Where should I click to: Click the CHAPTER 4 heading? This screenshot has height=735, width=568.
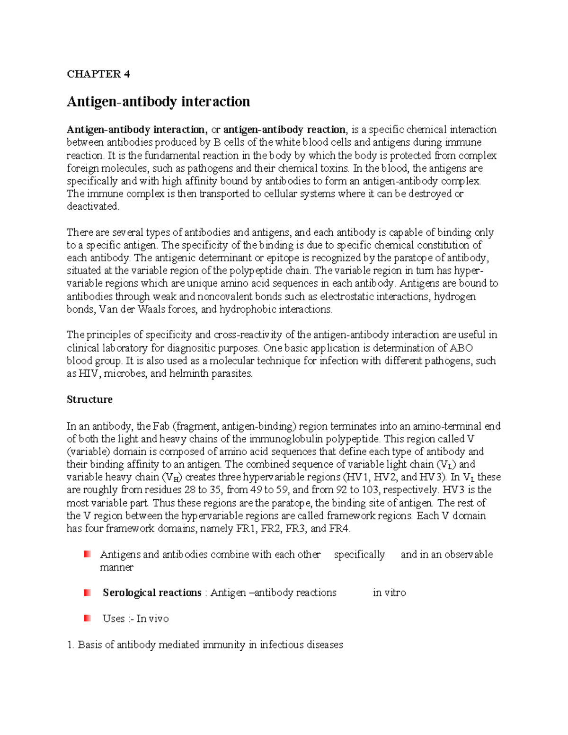click(98, 74)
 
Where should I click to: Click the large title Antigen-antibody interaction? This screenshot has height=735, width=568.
click(158, 102)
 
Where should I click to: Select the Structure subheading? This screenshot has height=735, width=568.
click(89, 399)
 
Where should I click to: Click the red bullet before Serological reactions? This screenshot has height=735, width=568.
click(87, 593)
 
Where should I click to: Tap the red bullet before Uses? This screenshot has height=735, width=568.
click(87, 618)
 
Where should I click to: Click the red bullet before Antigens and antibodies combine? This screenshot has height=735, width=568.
click(87, 554)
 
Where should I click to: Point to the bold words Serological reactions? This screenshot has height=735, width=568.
click(152, 593)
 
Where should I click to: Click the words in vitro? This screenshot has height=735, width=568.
click(389, 593)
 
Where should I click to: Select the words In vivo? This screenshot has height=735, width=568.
click(152, 619)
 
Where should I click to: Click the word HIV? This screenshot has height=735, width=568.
click(89, 373)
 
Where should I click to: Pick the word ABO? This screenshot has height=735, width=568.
click(461, 348)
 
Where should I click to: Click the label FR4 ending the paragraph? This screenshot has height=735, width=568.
click(339, 529)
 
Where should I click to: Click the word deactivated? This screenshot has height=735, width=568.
click(93, 206)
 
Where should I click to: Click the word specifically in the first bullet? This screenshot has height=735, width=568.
click(359, 554)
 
